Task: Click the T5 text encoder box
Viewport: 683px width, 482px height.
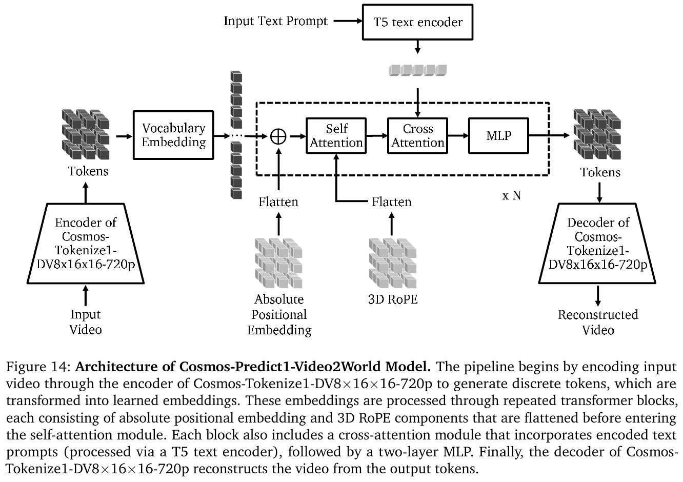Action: coord(418,22)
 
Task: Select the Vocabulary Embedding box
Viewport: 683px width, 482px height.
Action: coord(173,135)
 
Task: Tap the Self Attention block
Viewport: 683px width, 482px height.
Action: coord(336,135)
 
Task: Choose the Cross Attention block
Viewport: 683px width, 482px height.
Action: coord(417,135)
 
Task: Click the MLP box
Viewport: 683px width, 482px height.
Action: coord(498,135)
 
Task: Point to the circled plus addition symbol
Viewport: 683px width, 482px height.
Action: coord(278,136)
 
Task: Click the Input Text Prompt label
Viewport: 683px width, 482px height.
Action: coord(275,22)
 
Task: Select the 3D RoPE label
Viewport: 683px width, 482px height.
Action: coord(393,299)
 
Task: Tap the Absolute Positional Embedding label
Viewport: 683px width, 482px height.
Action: coord(279,314)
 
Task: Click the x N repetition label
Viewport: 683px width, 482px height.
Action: coord(511,195)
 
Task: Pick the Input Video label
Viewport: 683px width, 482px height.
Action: coord(86,322)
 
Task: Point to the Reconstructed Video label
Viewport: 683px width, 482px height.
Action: coord(598,322)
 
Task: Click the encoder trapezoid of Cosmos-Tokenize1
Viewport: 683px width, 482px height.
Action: coord(86,244)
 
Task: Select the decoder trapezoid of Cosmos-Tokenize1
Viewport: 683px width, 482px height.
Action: coord(598,244)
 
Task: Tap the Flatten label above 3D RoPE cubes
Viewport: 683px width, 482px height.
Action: coord(392,202)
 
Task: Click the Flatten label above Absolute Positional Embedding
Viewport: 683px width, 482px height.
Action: coord(278,202)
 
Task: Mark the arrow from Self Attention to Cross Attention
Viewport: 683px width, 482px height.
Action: coord(377,136)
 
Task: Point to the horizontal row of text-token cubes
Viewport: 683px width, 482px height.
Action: coord(418,70)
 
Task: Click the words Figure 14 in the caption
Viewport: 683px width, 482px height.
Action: coord(37,367)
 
